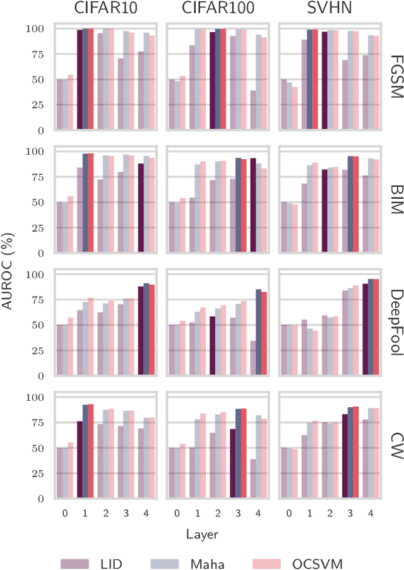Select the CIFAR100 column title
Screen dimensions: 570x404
(x=218, y=9)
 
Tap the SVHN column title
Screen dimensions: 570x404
(x=330, y=9)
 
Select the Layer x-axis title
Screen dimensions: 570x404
(x=203, y=534)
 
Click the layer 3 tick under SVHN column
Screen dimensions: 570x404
(x=350, y=513)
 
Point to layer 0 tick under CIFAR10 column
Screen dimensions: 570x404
(x=65, y=513)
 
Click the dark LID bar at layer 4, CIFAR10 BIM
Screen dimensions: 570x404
(x=141, y=208)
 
